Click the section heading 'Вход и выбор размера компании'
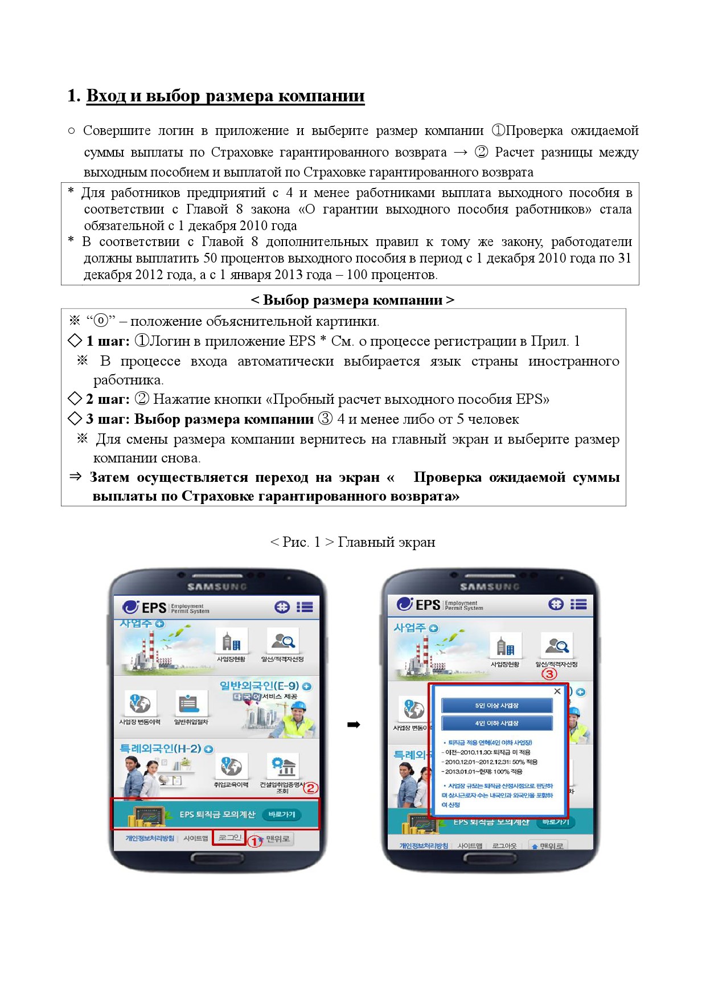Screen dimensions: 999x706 point(225,96)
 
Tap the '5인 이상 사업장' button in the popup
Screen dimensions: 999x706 point(496,706)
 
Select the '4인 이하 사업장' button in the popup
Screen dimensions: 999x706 point(496,723)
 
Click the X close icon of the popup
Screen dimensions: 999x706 point(557,691)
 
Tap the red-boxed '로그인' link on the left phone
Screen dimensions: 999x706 point(229,838)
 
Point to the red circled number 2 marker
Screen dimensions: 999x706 point(310,788)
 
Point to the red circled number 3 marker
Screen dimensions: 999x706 point(549,674)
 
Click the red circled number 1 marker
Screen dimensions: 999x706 point(254,841)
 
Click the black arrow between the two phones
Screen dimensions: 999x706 point(354,725)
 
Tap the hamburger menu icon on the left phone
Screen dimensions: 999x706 point(305,607)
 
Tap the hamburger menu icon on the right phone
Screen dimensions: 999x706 point(578,604)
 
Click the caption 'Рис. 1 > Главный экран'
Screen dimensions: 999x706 point(353,542)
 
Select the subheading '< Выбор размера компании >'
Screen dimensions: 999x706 point(352,300)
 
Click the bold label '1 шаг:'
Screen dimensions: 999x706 point(108,341)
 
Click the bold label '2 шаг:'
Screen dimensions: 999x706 point(108,399)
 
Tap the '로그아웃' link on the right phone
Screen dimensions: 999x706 point(504,846)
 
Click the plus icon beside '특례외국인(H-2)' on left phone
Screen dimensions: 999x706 point(209,749)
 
